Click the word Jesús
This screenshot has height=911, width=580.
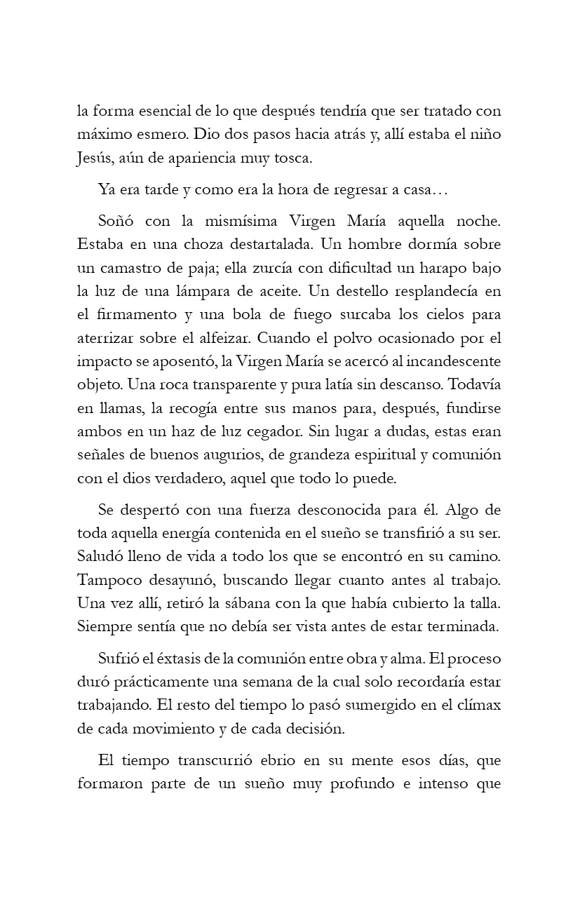[x=93, y=158]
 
